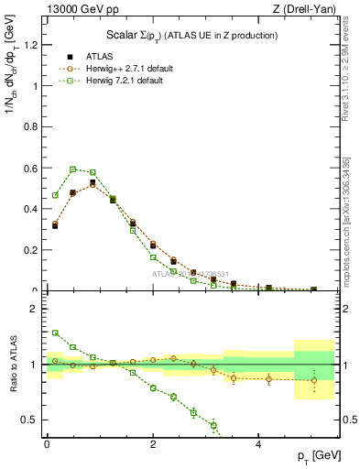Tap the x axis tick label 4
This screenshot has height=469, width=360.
pyautogui.click(x=259, y=444)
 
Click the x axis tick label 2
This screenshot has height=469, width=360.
pyautogui.click(x=153, y=444)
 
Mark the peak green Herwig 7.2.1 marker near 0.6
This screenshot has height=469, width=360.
pyautogui.click(x=72, y=169)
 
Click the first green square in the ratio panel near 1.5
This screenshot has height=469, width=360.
pyautogui.click(x=55, y=333)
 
